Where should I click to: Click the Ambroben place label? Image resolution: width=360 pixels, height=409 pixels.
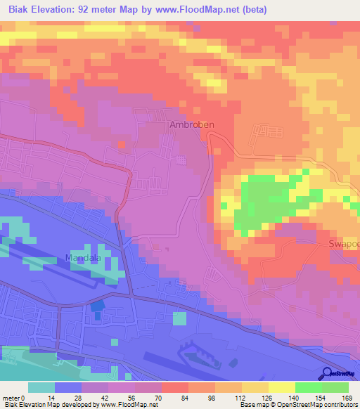[x=191, y=124]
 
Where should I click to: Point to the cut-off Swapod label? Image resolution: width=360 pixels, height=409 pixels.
[x=343, y=243]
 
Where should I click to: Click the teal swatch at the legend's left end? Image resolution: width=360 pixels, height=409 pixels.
[x=41, y=387]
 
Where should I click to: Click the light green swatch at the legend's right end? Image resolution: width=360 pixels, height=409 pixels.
[x=335, y=387]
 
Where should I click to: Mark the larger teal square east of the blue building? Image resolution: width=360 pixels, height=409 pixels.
[x=180, y=318]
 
